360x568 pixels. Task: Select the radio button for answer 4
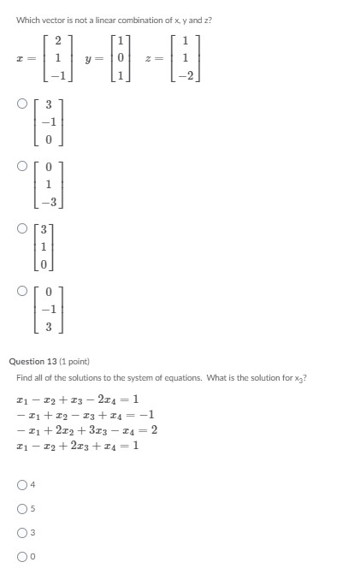21,485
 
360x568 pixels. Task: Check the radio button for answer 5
21,508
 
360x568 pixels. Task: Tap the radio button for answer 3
21,532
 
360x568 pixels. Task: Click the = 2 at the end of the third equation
150,430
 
